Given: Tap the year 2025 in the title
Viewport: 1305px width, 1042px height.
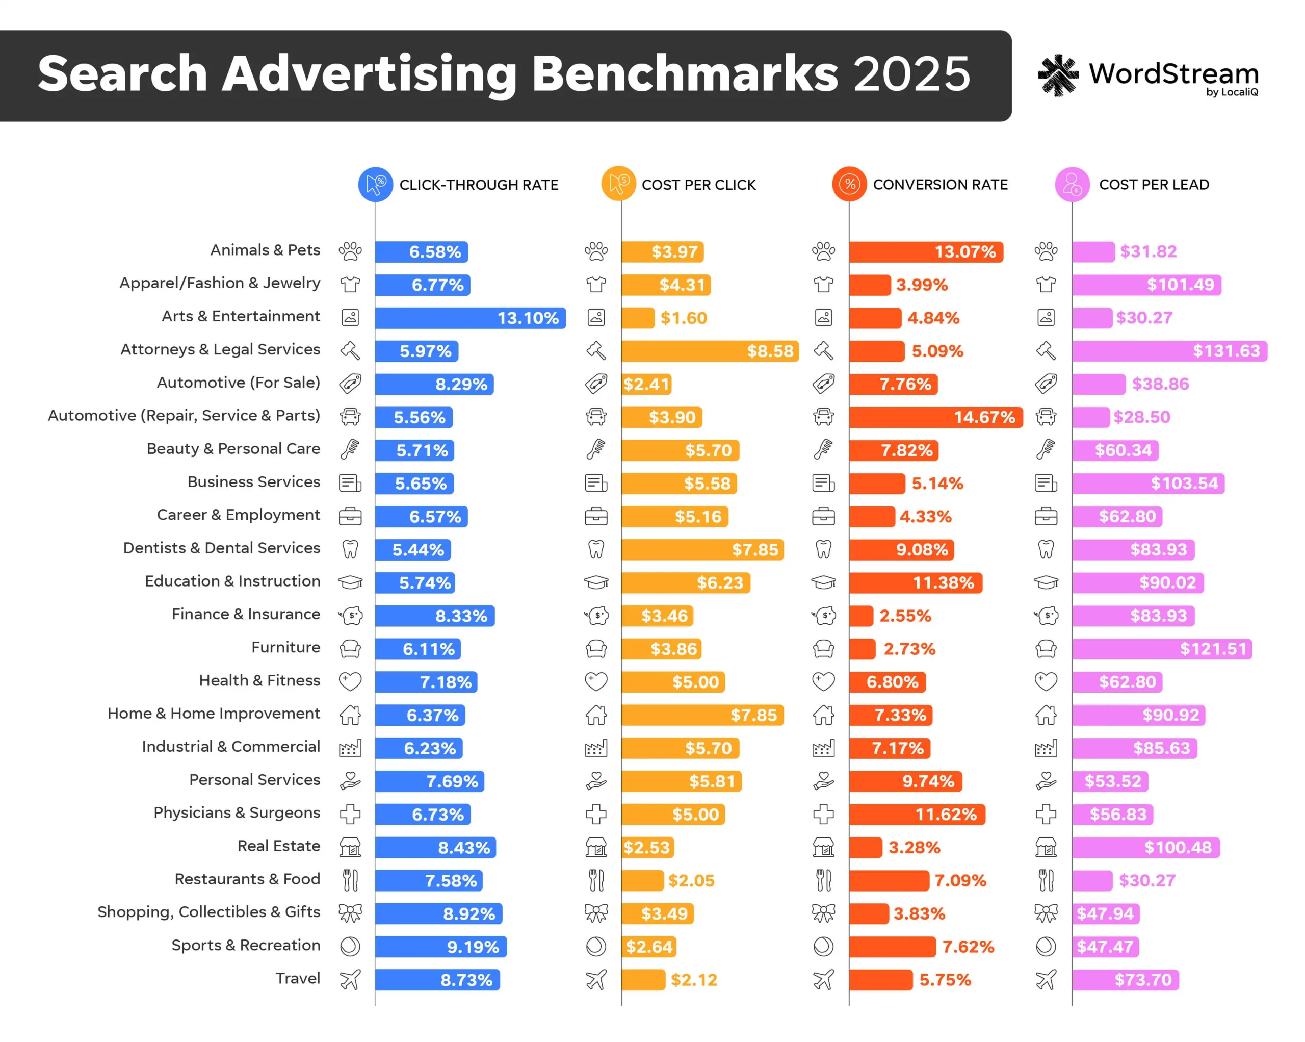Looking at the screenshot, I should pos(911,74).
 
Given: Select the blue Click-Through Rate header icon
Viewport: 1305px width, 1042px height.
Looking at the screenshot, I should pos(375,184).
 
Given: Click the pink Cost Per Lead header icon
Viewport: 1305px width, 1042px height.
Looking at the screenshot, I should pos(1072,184).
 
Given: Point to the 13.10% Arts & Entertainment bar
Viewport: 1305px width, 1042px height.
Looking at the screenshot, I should pos(471,318).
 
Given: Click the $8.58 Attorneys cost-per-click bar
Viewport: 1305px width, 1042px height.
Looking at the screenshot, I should pos(710,351).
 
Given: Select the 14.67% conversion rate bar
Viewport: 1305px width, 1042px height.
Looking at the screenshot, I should pos(935,417).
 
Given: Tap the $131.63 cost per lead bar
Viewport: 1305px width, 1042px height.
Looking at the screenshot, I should pos(1169,351).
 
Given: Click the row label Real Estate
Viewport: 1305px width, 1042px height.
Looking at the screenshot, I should pos(278,845).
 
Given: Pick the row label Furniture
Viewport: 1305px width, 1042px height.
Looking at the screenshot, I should pos(285,647).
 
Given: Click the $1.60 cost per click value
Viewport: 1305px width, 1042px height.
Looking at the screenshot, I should pos(684,318).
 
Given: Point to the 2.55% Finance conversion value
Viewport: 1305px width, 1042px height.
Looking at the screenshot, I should pos(905,616).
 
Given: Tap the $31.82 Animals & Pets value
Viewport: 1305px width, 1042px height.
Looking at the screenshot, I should pos(1147,251).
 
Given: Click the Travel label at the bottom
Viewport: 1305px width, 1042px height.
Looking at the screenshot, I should pos(297,978).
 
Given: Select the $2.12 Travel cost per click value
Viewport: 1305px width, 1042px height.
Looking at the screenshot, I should pos(694,980).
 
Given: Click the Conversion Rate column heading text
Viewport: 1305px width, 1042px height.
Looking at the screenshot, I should pos(939,185).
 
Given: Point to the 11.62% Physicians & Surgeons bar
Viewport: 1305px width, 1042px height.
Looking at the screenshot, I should pos(917,815).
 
